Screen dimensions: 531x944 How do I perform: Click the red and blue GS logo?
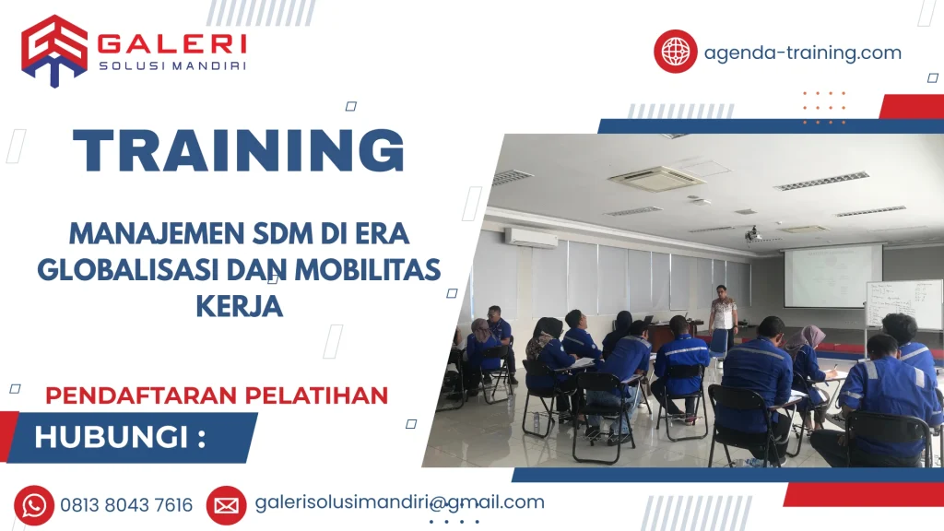54,51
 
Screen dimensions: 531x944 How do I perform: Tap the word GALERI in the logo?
171,43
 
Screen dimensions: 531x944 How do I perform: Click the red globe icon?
676,51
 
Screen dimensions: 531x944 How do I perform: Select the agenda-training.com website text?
802,53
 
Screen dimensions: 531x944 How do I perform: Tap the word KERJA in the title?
239,306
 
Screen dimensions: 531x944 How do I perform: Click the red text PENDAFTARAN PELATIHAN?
217,395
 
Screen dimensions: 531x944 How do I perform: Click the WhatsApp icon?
34,504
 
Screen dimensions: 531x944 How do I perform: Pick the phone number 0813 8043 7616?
126,505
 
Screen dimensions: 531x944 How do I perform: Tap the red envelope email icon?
226,504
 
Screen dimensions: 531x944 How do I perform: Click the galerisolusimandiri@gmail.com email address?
399,502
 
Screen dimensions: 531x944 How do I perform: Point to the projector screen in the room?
832,274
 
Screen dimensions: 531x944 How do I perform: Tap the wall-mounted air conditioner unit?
530,237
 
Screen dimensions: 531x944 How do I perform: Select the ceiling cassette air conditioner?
655,177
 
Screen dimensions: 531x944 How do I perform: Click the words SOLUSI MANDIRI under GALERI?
171,65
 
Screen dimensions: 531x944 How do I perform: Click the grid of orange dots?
823,107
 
